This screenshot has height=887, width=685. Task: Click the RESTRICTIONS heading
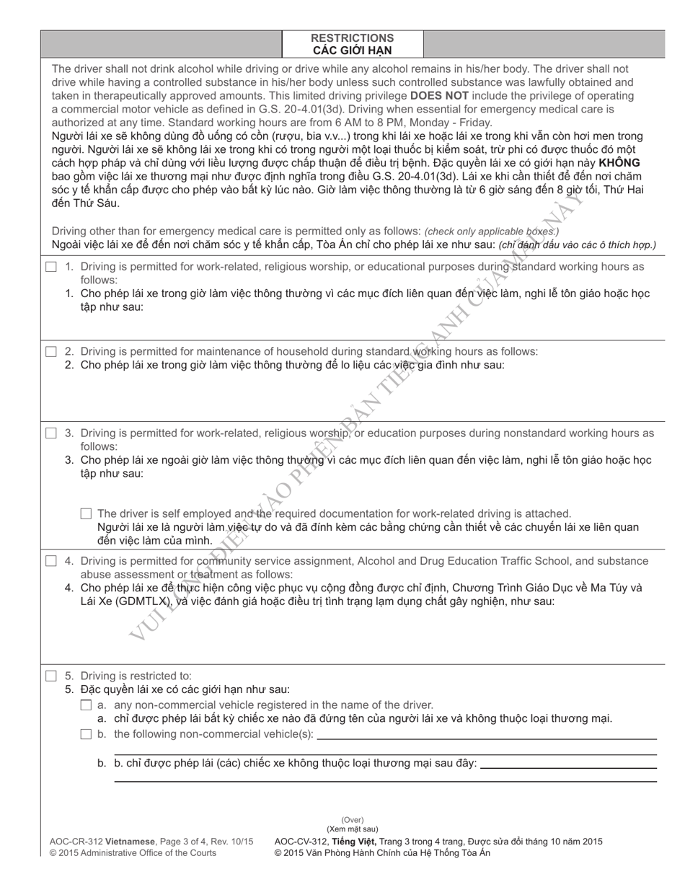coord(352,37)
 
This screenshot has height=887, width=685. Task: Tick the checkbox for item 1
coord(51,267)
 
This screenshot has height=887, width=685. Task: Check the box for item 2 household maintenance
coord(51,352)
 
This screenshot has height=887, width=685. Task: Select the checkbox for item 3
coord(51,433)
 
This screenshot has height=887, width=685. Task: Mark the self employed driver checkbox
coord(87,514)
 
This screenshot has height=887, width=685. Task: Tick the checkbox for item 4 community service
coord(51,561)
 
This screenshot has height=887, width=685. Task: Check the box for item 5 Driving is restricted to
coord(51,676)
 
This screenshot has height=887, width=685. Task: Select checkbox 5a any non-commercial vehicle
coord(87,705)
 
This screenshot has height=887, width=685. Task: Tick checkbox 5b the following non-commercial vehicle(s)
coord(87,734)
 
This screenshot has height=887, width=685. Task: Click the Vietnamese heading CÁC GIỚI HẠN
coord(352,50)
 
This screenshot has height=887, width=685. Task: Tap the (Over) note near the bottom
coord(352,820)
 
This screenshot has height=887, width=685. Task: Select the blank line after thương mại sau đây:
coord(568,766)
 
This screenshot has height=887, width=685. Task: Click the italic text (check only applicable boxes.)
coord(491,231)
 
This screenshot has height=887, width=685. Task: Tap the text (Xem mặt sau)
coord(352,829)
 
